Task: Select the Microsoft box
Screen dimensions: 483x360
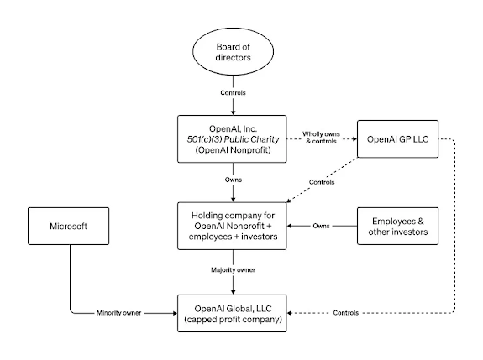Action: [68, 227]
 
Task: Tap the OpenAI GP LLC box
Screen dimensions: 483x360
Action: [397, 139]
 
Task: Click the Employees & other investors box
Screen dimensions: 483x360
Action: [397, 227]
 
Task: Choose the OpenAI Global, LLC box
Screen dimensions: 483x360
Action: [232, 313]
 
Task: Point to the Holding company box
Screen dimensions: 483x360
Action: [232, 226]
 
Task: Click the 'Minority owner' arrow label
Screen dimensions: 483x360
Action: [119, 313]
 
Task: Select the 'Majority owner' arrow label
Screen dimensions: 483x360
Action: [234, 270]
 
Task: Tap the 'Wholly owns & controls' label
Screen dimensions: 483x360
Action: [321, 138]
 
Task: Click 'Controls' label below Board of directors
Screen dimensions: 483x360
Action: [234, 92]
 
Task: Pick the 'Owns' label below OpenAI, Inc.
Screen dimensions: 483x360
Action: [234, 180]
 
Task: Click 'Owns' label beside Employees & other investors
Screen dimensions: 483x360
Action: [321, 226]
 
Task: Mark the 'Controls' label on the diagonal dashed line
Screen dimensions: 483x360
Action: [322, 182]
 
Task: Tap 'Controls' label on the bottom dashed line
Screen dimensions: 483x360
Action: [346, 313]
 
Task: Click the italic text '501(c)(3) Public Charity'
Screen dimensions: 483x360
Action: [233, 139]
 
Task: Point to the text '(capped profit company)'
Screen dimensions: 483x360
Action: [233, 320]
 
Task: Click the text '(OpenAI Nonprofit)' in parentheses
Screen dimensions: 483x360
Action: [233, 150]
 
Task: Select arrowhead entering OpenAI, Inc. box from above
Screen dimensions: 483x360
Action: [234, 112]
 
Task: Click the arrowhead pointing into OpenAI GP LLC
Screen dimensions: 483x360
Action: [354, 139]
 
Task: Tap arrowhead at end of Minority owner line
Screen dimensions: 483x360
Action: [175, 313]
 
